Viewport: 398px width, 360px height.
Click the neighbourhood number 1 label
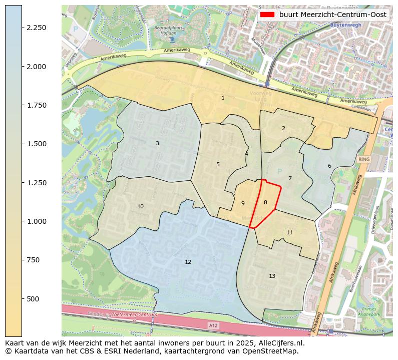[x=223, y=98]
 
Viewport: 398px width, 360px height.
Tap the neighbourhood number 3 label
[x=157, y=143]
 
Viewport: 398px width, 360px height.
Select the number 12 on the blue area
[x=188, y=262]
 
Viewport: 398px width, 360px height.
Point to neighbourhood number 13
[x=272, y=276]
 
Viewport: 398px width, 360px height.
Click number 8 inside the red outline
[x=265, y=202]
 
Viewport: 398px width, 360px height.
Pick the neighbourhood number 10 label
[x=140, y=206]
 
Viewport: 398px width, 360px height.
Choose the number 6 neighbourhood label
[x=329, y=166]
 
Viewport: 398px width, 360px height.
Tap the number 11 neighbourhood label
[x=289, y=232]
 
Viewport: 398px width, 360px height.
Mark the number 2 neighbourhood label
[x=283, y=128]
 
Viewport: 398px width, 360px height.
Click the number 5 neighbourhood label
[x=218, y=164]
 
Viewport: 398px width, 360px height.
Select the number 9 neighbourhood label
[x=243, y=203]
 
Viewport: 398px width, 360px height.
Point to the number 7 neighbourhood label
[x=290, y=178]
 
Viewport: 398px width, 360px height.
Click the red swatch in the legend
[x=267, y=15]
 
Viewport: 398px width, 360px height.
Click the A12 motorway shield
[x=213, y=325]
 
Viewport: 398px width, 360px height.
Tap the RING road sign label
[x=364, y=159]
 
